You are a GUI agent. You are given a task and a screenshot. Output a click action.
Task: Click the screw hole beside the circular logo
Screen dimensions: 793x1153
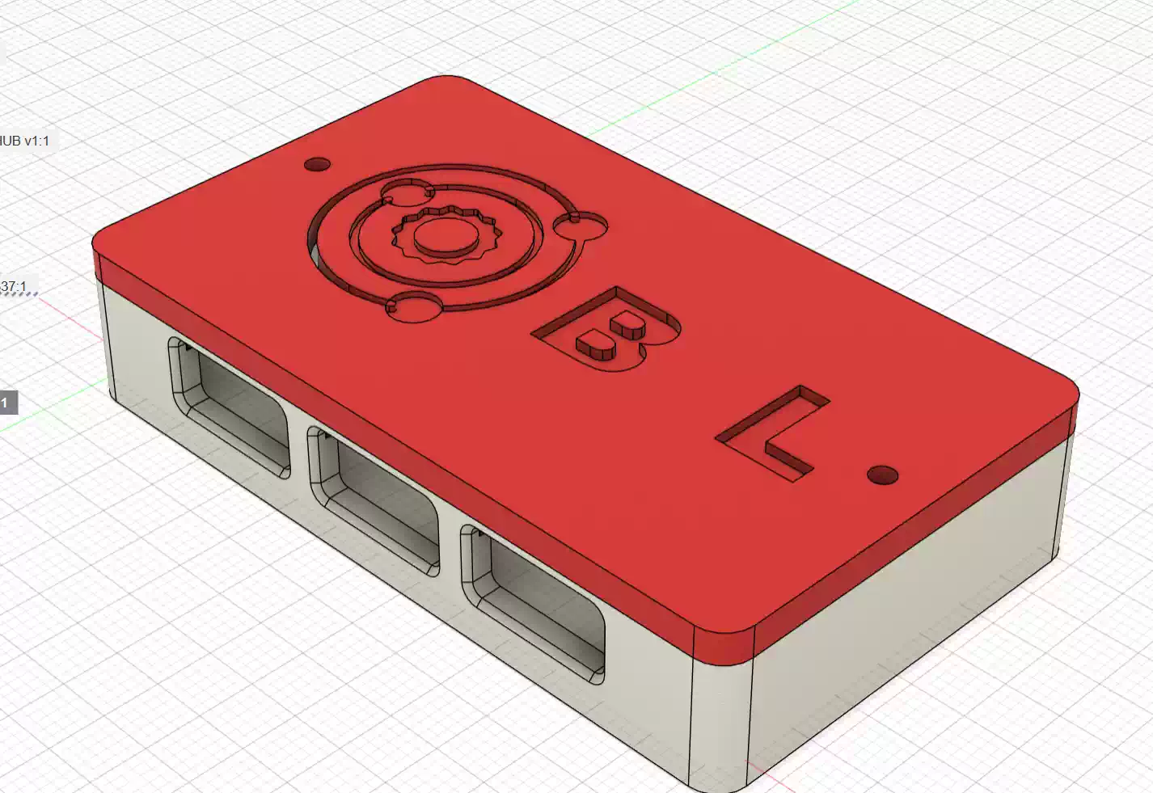pos(317,164)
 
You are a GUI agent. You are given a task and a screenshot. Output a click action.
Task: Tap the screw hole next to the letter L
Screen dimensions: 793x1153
pos(882,475)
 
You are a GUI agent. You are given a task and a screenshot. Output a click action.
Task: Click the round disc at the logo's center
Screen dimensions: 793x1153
pos(444,234)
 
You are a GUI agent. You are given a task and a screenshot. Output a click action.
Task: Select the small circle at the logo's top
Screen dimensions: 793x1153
pos(408,192)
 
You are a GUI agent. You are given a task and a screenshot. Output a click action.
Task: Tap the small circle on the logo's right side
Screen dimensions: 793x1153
pos(589,226)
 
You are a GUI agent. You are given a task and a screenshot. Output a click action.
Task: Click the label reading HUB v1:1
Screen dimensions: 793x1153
pos(25,141)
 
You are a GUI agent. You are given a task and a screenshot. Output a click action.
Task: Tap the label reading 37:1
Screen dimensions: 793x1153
pos(14,286)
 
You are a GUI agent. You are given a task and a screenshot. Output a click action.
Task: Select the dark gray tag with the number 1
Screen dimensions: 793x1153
pos(6,403)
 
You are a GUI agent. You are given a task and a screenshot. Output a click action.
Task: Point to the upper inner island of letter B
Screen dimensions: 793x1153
pos(627,327)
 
